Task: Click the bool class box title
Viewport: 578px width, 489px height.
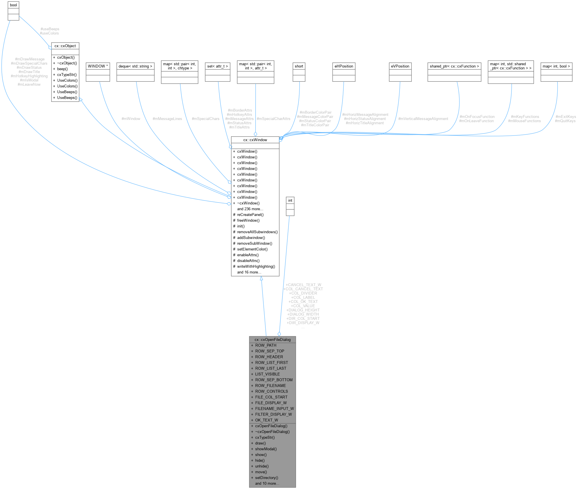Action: click(13, 5)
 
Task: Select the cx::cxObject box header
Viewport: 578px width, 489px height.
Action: click(65, 46)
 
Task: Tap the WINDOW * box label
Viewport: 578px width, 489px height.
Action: click(98, 66)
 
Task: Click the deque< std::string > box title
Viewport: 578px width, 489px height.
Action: click(135, 66)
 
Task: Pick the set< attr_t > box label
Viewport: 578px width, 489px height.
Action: click(218, 66)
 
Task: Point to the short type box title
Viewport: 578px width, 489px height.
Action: click(299, 66)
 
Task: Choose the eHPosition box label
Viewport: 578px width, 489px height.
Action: click(344, 66)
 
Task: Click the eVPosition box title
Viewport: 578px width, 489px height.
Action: click(400, 66)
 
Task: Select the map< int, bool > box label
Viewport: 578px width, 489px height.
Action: click(556, 66)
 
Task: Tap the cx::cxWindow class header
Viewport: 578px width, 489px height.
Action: click(255, 140)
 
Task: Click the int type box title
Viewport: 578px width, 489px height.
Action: click(290, 200)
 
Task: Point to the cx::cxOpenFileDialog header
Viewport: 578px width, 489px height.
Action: click(273, 340)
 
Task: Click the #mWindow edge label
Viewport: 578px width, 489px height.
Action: click(131, 119)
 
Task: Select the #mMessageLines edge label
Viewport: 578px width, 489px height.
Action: click(167, 119)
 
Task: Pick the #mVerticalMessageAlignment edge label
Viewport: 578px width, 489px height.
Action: click(423, 119)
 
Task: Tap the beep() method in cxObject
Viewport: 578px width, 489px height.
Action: click(62, 69)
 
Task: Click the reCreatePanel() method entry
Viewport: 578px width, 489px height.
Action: click(250, 215)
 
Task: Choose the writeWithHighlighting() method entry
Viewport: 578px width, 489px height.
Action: click(256, 267)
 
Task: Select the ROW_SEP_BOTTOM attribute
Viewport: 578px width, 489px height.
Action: click(274, 380)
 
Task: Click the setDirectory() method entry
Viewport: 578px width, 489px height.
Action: click(267, 478)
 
